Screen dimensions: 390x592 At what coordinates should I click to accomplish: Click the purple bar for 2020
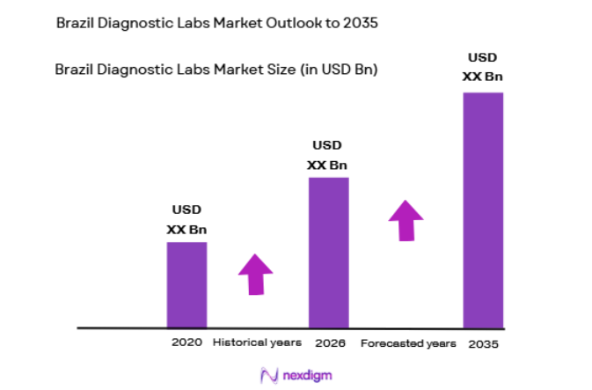coord(186,284)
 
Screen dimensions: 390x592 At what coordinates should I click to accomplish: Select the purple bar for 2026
coord(328,252)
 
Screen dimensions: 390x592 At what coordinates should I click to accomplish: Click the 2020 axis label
coord(186,342)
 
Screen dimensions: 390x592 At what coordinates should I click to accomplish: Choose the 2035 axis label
coord(483,343)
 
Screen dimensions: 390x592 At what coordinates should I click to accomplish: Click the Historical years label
coord(257,342)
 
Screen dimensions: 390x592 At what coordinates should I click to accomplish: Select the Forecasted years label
coord(408,342)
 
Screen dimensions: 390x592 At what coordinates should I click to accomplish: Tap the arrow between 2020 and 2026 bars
coord(255,274)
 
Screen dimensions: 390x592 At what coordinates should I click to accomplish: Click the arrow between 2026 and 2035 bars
coord(406,220)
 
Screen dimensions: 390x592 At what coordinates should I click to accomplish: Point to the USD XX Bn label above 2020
coord(186,220)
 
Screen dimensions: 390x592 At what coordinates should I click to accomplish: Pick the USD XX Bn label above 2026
coord(327,155)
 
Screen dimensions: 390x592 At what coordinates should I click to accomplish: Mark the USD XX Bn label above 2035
coord(483,67)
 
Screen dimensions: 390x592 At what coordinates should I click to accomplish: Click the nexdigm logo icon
coord(269,375)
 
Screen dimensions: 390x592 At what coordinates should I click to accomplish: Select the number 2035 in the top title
coord(361,24)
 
